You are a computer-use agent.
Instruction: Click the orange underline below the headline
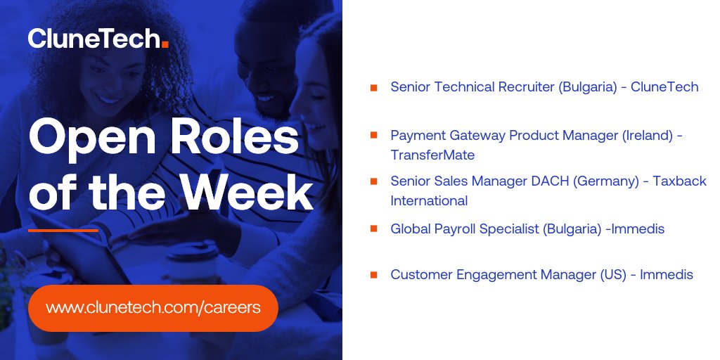click(63, 230)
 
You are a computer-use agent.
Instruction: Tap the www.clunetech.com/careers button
click(153, 308)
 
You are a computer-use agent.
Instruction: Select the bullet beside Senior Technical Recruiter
click(374, 88)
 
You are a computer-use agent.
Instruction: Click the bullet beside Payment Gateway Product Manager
click(374, 134)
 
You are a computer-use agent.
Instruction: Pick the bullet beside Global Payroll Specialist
click(374, 229)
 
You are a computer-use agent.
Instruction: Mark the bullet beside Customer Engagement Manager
click(374, 275)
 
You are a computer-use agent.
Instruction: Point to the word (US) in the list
click(613, 275)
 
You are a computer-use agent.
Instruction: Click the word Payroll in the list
click(452, 229)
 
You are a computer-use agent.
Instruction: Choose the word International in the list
click(429, 200)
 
